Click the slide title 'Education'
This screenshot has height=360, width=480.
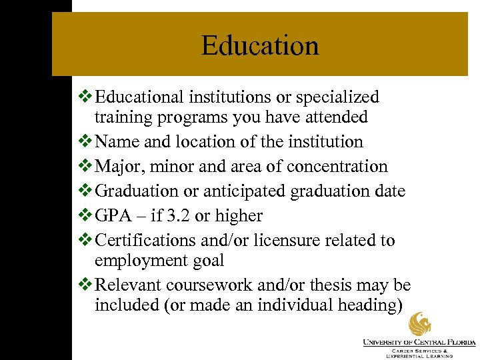click(x=260, y=45)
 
